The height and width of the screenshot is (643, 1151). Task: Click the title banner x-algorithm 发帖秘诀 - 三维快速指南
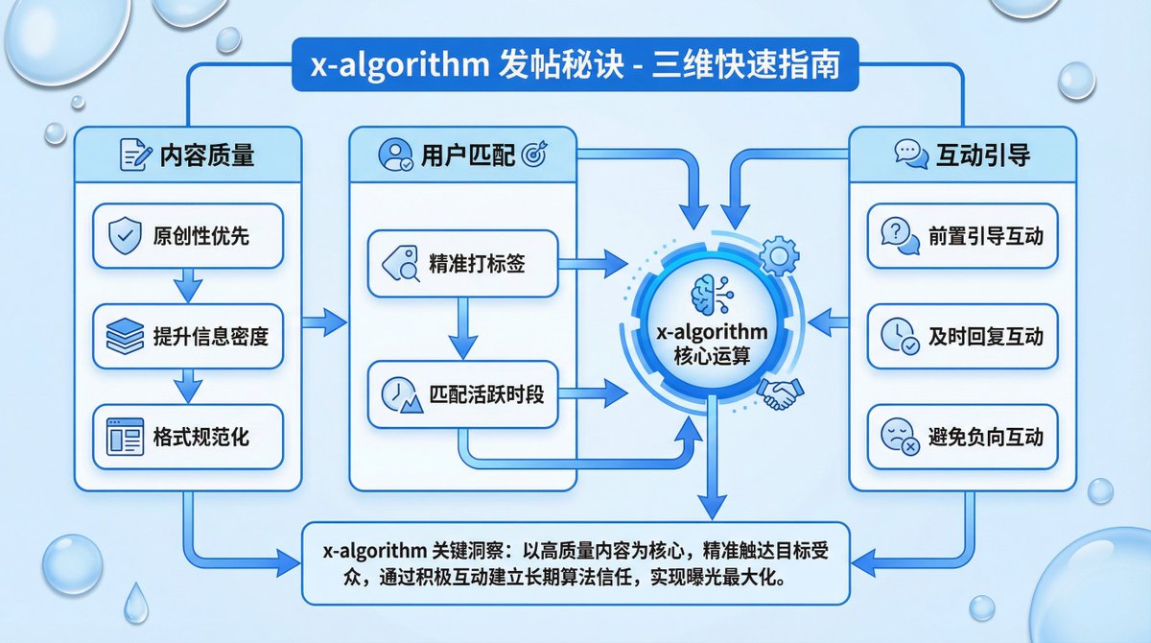tap(575, 66)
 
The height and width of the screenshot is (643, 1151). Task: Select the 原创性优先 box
tap(188, 235)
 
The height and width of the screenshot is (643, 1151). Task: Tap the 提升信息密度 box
tap(188, 337)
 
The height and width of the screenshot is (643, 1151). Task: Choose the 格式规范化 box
tap(188, 438)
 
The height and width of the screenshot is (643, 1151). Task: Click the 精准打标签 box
tap(462, 263)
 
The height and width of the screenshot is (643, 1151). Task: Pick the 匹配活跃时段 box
tap(462, 393)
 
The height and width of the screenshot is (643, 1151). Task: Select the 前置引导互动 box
tap(962, 235)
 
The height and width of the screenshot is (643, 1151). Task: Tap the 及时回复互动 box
tap(962, 337)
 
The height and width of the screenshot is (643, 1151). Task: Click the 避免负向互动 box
tap(962, 438)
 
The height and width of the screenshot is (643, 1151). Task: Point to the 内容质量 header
tap(188, 155)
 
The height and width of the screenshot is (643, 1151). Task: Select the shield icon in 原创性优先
tap(126, 235)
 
